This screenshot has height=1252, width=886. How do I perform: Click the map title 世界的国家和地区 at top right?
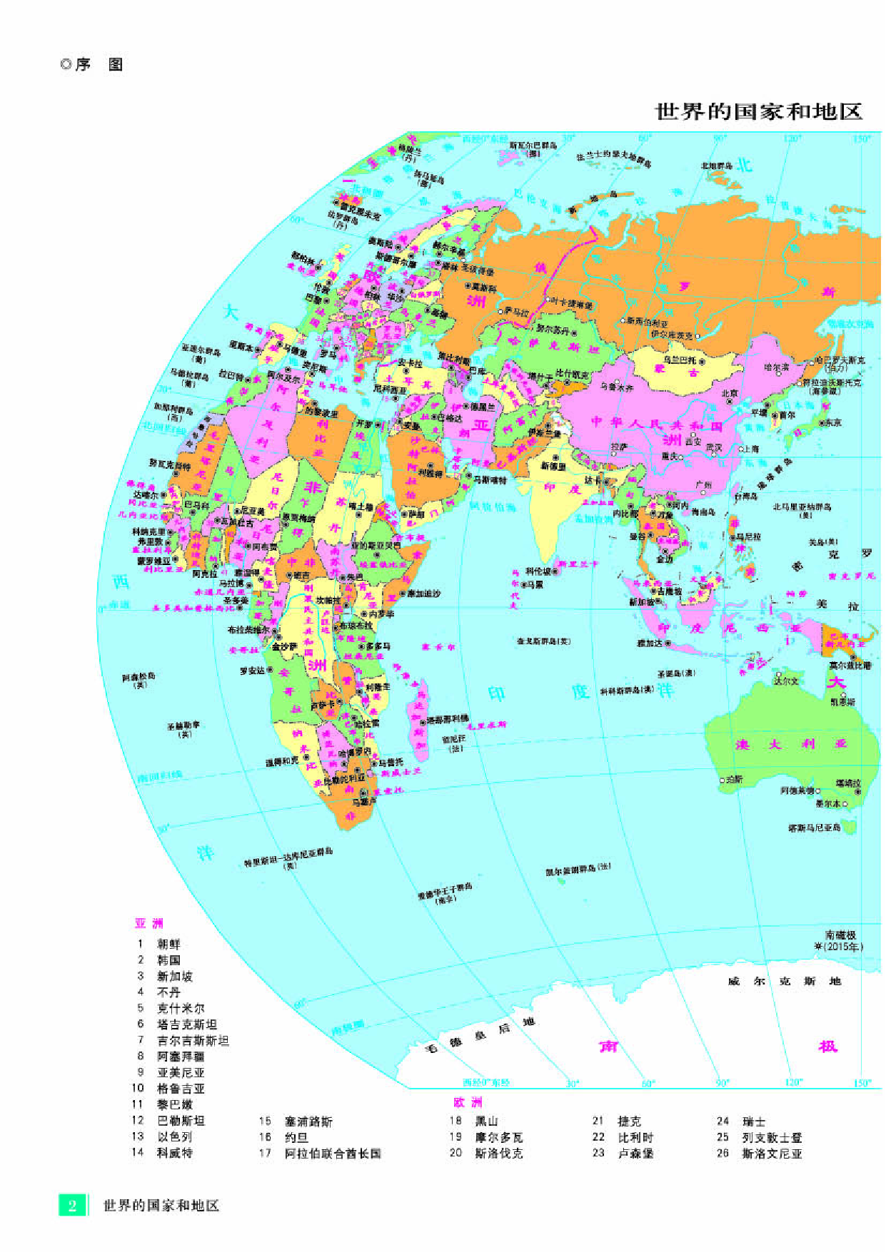[x=758, y=112]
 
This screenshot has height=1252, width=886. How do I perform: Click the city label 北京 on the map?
[x=729, y=393]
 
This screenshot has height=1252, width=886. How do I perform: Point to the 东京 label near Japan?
[x=833, y=422]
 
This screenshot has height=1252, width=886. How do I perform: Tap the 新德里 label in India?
[x=553, y=466]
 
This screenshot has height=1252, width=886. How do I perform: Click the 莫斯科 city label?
[x=479, y=288]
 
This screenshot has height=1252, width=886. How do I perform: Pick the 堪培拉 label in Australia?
[x=848, y=783]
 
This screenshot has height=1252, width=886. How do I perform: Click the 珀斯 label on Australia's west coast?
[x=734, y=779]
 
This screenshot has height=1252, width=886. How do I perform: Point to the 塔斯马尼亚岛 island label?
[x=814, y=828]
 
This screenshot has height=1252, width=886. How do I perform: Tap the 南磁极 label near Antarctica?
[x=840, y=935]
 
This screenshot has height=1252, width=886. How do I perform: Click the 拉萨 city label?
[x=619, y=447]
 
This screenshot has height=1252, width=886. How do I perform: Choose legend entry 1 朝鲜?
[x=168, y=943]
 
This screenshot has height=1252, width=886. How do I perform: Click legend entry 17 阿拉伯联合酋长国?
[x=333, y=1153]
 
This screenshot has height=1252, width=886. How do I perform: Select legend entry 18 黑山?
[x=486, y=1121]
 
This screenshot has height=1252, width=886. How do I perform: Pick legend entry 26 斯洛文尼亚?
[x=772, y=1153]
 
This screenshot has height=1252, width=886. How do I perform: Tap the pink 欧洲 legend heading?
[x=468, y=1102]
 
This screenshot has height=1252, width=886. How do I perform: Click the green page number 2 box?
[x=72, y=1205]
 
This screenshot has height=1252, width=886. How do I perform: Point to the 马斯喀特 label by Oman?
[x=489, y=480]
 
